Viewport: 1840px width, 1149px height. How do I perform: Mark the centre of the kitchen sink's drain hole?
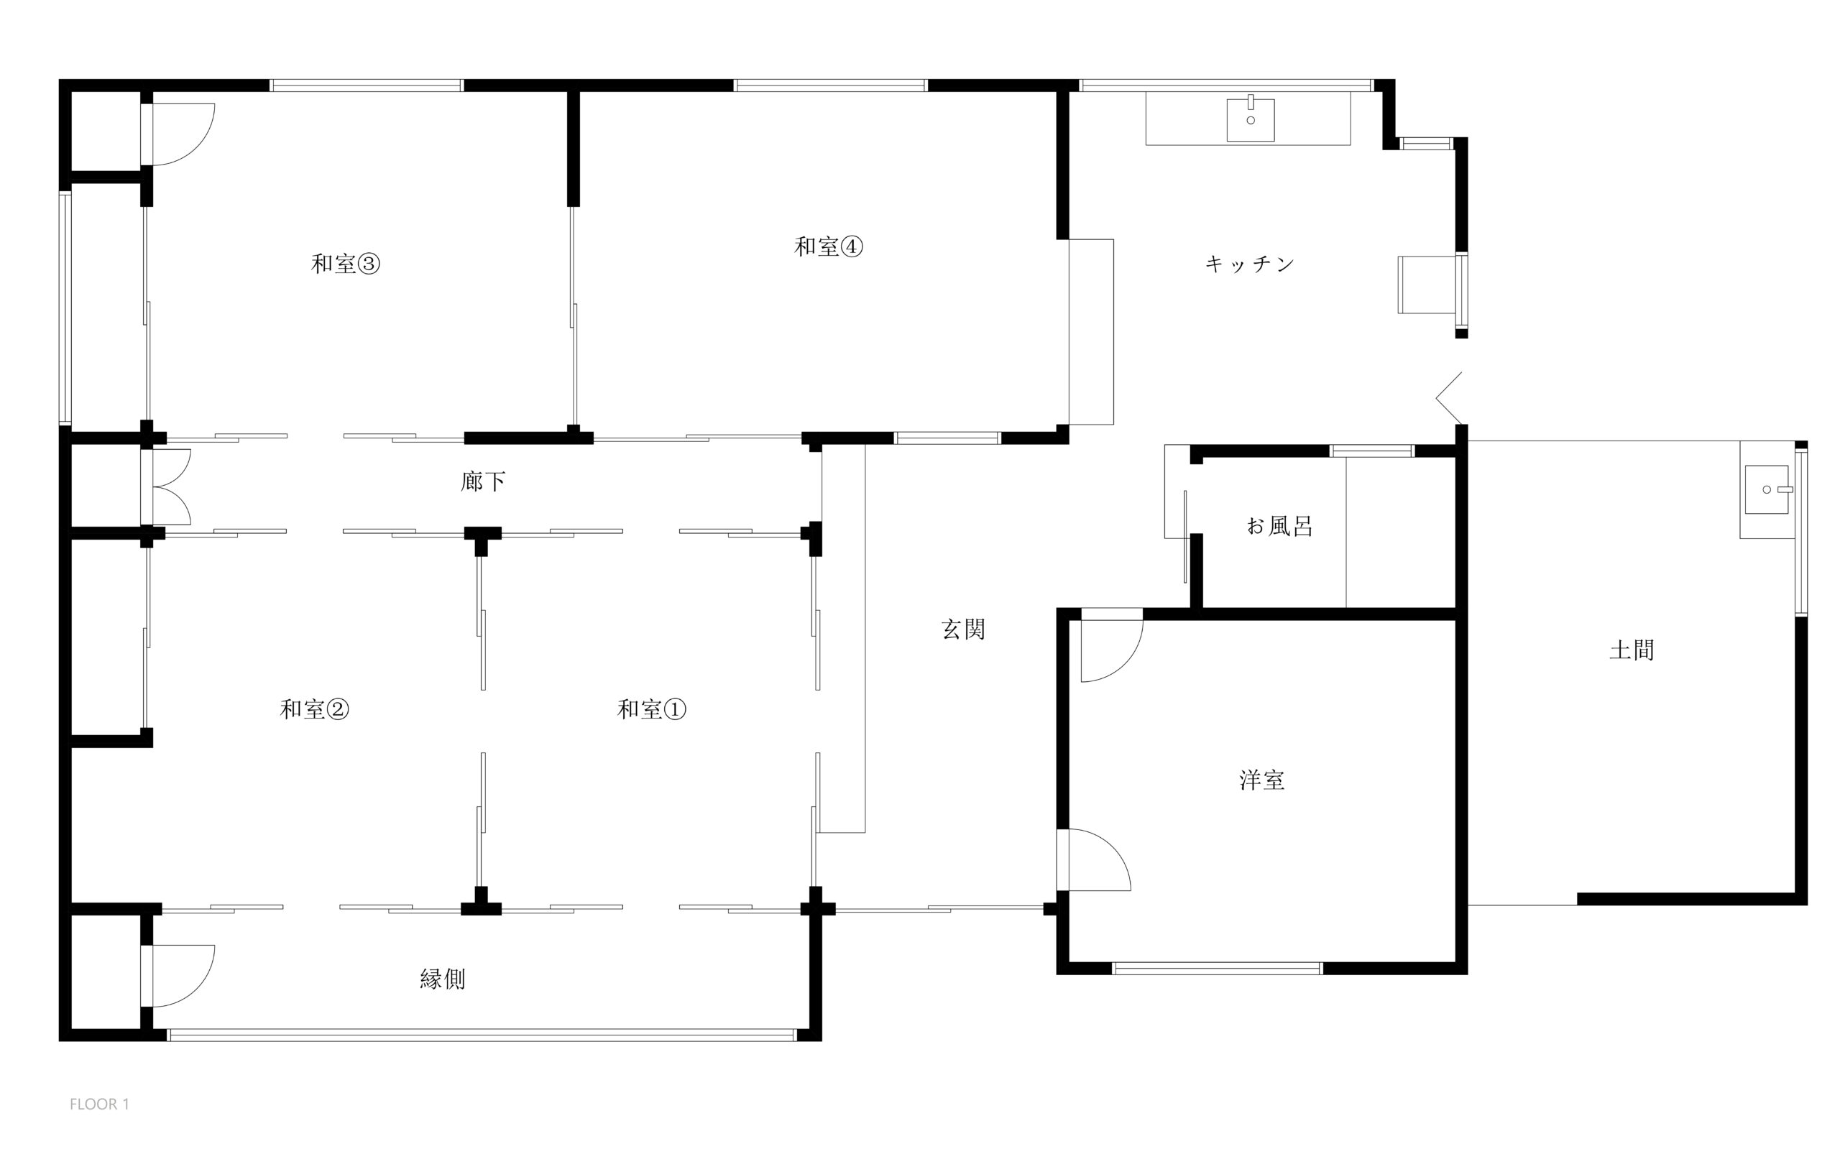tap(1250, 120)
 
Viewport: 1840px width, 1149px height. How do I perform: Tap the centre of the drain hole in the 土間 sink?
tap(1766, 489)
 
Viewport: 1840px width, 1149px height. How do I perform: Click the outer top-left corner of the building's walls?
tap(59, 79)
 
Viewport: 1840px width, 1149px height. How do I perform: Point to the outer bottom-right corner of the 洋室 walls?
tap(1467, 974)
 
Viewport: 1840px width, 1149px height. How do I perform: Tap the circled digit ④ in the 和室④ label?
tap(851, 246)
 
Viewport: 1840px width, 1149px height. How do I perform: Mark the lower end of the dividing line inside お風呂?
tap(1346, 608)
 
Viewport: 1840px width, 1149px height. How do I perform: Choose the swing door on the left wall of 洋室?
tap(1095, 859)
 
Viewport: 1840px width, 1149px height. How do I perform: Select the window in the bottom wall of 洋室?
tap(1218, 968)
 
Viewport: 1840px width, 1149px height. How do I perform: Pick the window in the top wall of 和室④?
tap(831, 85)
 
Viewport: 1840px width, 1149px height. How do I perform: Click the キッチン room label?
tap(1250, 264)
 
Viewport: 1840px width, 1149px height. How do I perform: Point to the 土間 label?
tap(1632, 650)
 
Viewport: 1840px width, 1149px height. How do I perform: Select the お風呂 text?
tap(1280, 526)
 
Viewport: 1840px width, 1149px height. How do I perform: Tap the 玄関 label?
tap(964, 629)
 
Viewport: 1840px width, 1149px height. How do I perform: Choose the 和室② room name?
tap(315, 709)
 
